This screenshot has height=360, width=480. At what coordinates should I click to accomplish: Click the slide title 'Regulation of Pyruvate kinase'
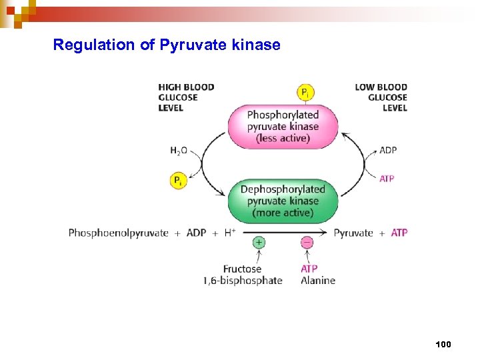167,45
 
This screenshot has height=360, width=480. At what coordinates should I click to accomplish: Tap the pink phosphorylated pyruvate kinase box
283,126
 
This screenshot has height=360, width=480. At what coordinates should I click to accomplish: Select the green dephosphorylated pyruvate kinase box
283,201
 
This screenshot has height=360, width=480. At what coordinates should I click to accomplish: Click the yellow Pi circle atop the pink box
305,93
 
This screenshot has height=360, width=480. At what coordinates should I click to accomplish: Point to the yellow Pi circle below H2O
178,180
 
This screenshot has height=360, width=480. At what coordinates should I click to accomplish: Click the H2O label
179,151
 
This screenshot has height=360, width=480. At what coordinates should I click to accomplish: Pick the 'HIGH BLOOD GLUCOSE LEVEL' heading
186,97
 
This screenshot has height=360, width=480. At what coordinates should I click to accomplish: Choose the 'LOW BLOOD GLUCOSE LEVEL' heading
381,97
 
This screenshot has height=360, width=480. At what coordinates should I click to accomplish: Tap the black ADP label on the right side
388,150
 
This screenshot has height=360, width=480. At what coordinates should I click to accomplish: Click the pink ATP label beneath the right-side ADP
387,179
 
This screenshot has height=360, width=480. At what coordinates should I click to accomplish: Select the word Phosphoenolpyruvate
118,233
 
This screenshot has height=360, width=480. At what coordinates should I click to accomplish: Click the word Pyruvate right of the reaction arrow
353,233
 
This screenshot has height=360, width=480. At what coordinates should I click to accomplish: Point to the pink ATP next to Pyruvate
399,233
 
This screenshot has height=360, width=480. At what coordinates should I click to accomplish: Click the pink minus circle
307,243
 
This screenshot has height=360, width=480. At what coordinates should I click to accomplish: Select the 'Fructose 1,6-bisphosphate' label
242,275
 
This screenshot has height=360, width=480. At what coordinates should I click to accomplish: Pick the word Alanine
318,281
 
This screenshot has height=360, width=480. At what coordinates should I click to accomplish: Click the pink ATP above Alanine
309,269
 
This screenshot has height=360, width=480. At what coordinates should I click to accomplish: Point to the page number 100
443,345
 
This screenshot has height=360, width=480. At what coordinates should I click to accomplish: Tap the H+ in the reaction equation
229,233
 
